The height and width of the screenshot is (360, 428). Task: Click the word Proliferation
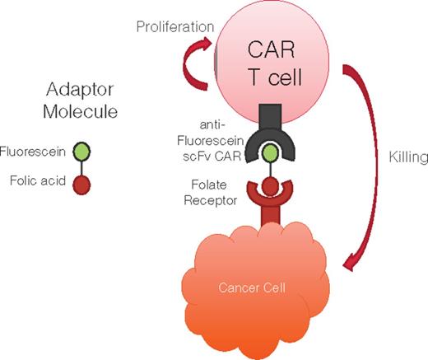(x=175, y=27)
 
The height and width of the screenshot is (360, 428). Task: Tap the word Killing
(x=408, y=157)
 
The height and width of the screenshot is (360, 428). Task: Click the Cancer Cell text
(x=252, y=288)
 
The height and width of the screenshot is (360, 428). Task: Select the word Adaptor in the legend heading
(x=80, y=90)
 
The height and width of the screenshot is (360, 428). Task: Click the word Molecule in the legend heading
(x=81, y=111)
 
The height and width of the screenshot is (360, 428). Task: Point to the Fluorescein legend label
(x=32, y=152)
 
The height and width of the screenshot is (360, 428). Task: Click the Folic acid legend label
(x=38, y=180)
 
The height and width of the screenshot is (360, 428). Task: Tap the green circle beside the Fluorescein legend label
(x=81, y=152)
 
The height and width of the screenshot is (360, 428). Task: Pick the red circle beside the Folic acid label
(x=81, y=185)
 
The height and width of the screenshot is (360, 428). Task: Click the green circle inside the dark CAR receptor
(x=270, y=152)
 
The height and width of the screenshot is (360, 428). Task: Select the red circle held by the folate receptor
(x=271, y=186)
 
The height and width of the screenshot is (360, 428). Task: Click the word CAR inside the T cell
(x=271, y=49)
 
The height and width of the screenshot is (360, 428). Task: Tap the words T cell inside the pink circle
(x=276, y=77)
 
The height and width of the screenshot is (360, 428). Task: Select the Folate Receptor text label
(x=211, y=193)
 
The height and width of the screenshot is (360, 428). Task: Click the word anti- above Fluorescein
(x=212, y=125)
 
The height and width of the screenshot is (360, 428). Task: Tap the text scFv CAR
(x=212, y=157)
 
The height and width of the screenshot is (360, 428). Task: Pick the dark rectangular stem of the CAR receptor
(x=271, y=116)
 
